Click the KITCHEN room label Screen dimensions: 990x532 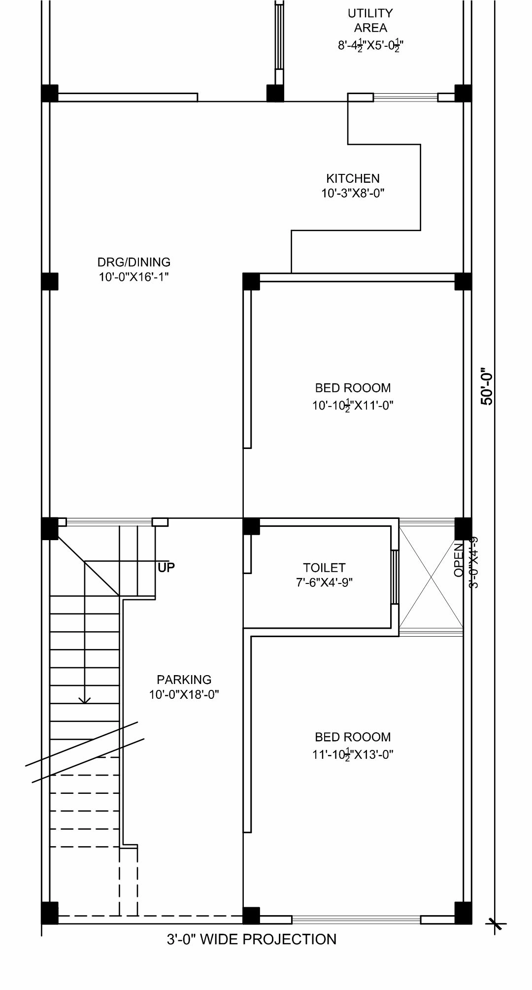pos(353,178)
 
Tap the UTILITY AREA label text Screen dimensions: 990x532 pos(370,21)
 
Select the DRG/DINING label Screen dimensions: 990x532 pos(133,262)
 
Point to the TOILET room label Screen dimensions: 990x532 pos(324,568)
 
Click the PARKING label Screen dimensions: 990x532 pos(184,680)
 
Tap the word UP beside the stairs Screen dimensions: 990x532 pos(166,568)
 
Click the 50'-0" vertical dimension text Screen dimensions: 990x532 pos(487,386)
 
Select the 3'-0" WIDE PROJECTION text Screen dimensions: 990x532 pos(251,939)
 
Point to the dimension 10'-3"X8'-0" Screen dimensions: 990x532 pos(353,193)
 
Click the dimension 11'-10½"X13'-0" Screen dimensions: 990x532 pos(353,754)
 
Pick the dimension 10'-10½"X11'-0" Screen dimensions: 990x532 pos(353,405)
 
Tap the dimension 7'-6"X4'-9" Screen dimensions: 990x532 pos(324,582)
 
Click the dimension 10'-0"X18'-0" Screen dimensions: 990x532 pos(184,695)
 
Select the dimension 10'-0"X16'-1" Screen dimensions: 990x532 pos(133,277)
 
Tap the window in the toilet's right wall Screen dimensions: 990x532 pos(394,577)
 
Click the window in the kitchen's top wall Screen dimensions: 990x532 pos(405,97)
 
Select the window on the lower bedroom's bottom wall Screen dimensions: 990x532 pos(356,919)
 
